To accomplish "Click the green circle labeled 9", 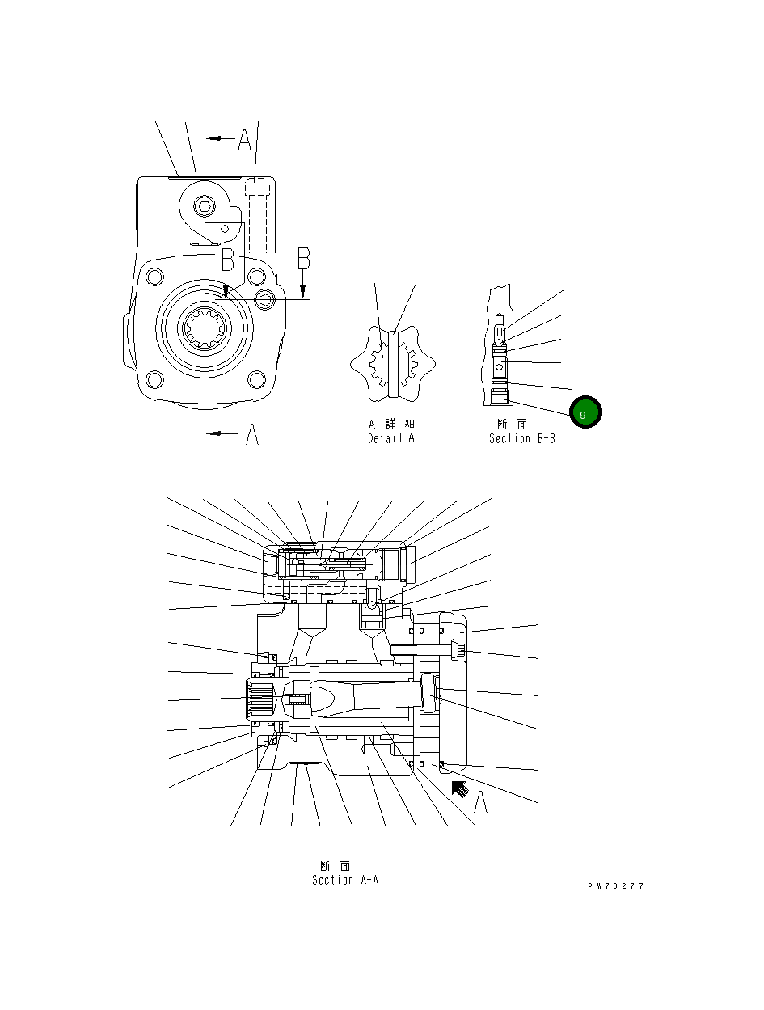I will click(x=585, y=413).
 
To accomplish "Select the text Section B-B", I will click(x=521, y=439).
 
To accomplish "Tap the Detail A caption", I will click(x=391, y=439).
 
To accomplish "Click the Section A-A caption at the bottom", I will click(x=345, y=880).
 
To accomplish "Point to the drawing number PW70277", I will click(x=616, y=886).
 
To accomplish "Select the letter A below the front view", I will click(x=252, y=435).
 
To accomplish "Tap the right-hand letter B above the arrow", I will click(x=304, y=258).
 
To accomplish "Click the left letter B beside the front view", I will click(x=228, y=260).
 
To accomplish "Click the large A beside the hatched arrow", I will click(x=480, y=802).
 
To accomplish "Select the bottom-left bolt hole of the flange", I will click(x=154, y=378).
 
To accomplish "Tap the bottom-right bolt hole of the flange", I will click(x=256, y=378).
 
